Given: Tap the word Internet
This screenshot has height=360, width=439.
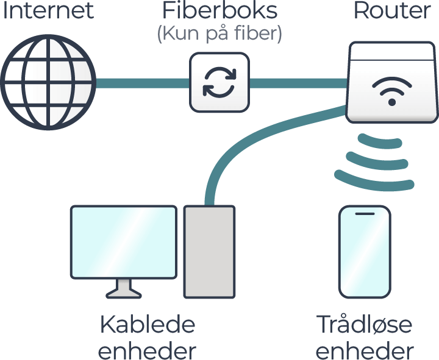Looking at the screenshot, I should (48, 11).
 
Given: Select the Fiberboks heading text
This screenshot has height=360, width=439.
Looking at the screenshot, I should (219, 11).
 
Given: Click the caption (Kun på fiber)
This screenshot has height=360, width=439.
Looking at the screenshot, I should (219, 34).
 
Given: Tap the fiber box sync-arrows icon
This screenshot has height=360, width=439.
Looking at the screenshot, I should (219, 83).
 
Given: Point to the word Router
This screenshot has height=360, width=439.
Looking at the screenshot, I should (393, 11).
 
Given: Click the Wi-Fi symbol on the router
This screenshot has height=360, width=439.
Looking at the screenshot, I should (391, 90).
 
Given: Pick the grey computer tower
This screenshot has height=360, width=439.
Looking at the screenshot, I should (209, 252).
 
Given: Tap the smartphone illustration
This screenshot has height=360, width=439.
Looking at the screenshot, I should (365, 252).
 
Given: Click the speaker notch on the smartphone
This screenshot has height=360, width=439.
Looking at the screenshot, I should (365, 214).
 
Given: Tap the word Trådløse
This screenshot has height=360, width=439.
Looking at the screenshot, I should (365, 325).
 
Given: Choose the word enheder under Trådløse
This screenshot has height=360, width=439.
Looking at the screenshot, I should (365, 350).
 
